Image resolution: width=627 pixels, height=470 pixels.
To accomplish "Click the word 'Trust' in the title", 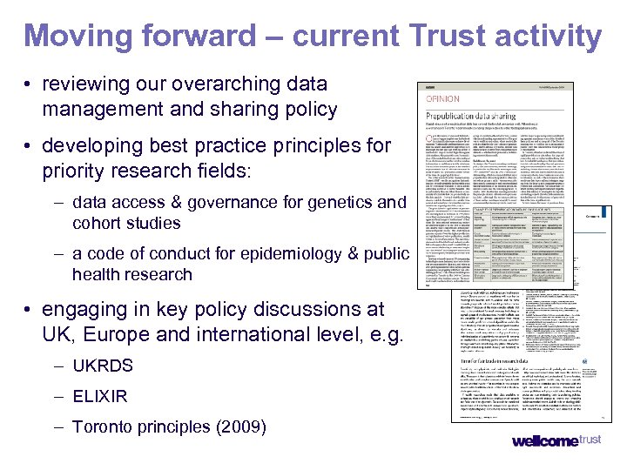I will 454,37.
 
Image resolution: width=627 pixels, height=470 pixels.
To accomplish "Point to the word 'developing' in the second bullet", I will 93,145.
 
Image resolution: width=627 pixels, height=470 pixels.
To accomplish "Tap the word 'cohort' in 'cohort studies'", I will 98,223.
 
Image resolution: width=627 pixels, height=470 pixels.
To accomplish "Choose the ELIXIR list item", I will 100,397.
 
